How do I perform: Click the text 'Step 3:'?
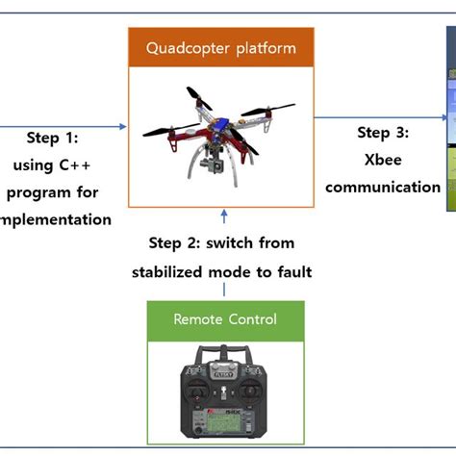coord(383,132)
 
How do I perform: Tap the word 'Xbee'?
coord(383,159)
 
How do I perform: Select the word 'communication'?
coord(383,187)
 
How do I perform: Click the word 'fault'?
coord(291,272)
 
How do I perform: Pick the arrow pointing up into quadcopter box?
coord(224,217)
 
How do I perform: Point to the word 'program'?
coord(38,192)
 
